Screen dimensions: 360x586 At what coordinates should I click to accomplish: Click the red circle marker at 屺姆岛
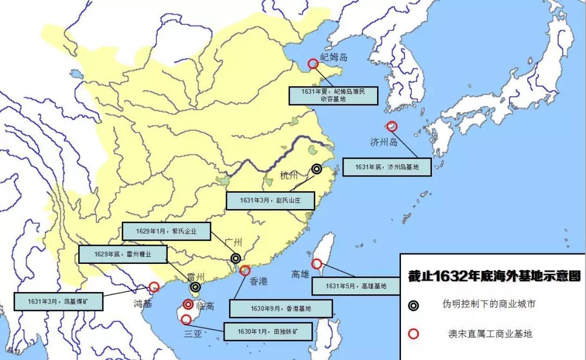pyautogui.click(x=313, y=64)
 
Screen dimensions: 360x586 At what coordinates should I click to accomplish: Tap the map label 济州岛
pyautogui.click(x=384, y=142)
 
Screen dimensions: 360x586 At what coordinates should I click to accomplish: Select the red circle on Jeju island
pyautogui.click(x=392, y=126)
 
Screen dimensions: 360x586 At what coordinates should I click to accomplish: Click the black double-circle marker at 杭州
pyautogui.click(x=317, y=169)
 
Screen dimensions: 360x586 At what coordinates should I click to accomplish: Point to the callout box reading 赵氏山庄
pyautogui.click(x=270, y=200)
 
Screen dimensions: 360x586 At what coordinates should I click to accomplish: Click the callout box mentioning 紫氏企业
pyautogui.click(x=166, y=231)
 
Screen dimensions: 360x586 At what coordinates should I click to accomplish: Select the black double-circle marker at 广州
pyautogui.click(x=235, y=258)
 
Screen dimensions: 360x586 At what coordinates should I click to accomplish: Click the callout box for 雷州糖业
pyautogui.click(x=123, y=254)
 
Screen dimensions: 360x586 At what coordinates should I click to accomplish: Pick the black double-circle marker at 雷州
pyautogui.click(x=195, y=287)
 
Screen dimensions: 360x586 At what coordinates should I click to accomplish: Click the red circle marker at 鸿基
pyautogui.click(x=154, y=287)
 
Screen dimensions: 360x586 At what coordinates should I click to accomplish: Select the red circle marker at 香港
pyautogui.click(x=245, y=270)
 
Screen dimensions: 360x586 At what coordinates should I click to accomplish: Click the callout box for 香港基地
pyautogui.click(x=281, y=308)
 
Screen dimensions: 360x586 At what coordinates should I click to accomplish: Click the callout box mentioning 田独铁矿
pyautogui.click(x=267, y=331)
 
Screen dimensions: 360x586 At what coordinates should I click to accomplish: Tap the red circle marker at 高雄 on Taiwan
pyautogui.click(x=316, y=263)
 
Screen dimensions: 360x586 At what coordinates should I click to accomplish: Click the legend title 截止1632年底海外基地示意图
pyautogui.click(x=494, y=276)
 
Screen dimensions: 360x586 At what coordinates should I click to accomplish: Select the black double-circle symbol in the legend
pyautogui.click(x=414, y=305)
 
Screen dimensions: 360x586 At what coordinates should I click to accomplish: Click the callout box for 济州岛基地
pyautogui.click(x=387, y=167)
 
